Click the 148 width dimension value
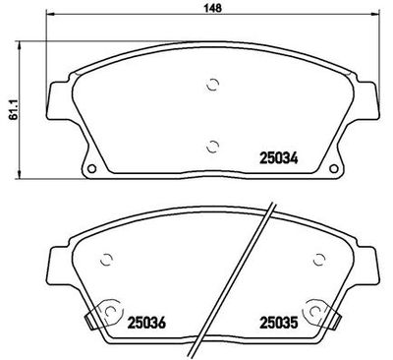[x=210, y=9]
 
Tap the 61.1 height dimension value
[x=9, y=109]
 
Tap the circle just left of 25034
[x=213, y=148]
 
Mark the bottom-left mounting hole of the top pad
[x=94, y=168]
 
